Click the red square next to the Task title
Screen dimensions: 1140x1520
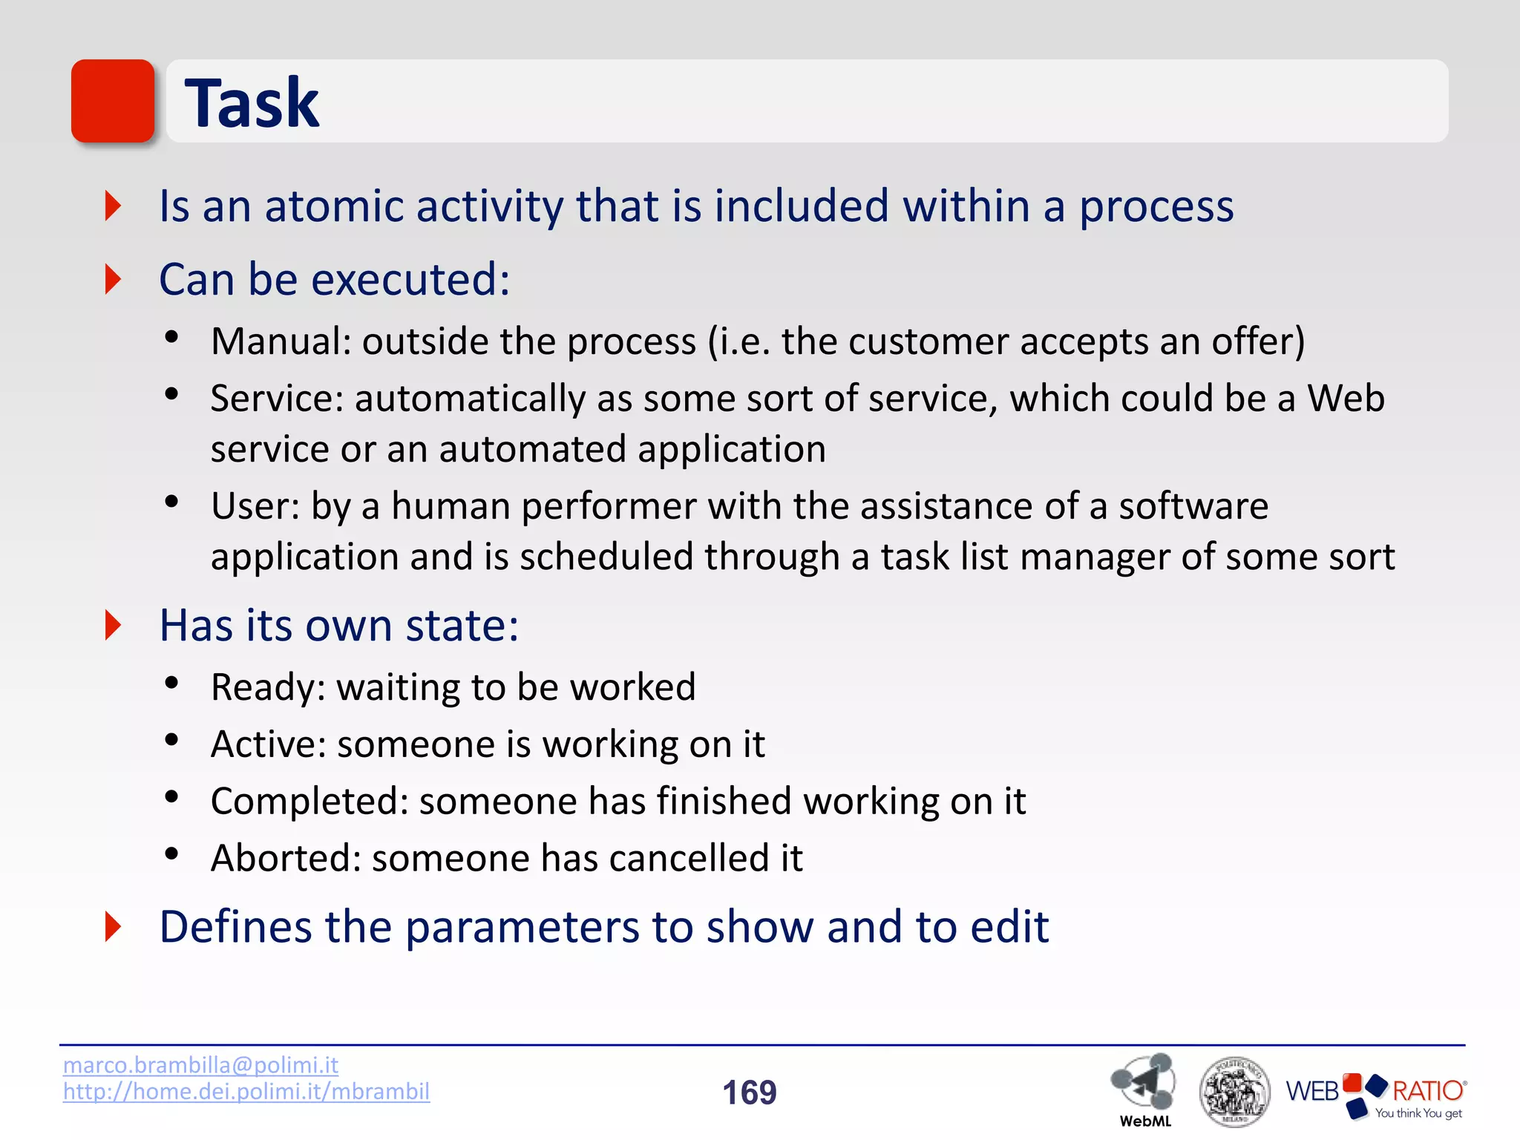[x=113, y=101]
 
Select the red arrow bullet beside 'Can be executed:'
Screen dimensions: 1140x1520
[x=113, y=279]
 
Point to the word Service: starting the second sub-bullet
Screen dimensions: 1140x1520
[x=277, y=399]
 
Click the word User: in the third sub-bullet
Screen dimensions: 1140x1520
[x=255, y=506]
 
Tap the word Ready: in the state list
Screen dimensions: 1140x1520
[x=267, y=687]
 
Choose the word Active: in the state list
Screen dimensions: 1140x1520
[x=268, y=744]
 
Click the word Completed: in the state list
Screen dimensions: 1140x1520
[x=309, y=802]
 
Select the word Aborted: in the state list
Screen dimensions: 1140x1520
[x=286, y=858]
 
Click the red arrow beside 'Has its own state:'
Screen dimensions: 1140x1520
[x=113, y=625]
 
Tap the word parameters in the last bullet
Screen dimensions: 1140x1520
[x=522, y=927]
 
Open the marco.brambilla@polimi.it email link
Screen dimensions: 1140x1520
[x=200, y=1065]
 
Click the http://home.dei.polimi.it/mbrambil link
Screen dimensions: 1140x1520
[x=246, y=1091]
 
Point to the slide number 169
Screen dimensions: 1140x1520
[x=749, y=1092]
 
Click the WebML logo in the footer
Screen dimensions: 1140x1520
[x=1144, y=1088]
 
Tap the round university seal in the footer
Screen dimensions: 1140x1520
[x=1234, y=1091]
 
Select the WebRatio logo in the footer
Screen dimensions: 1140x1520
[x=1375, y=1092]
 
